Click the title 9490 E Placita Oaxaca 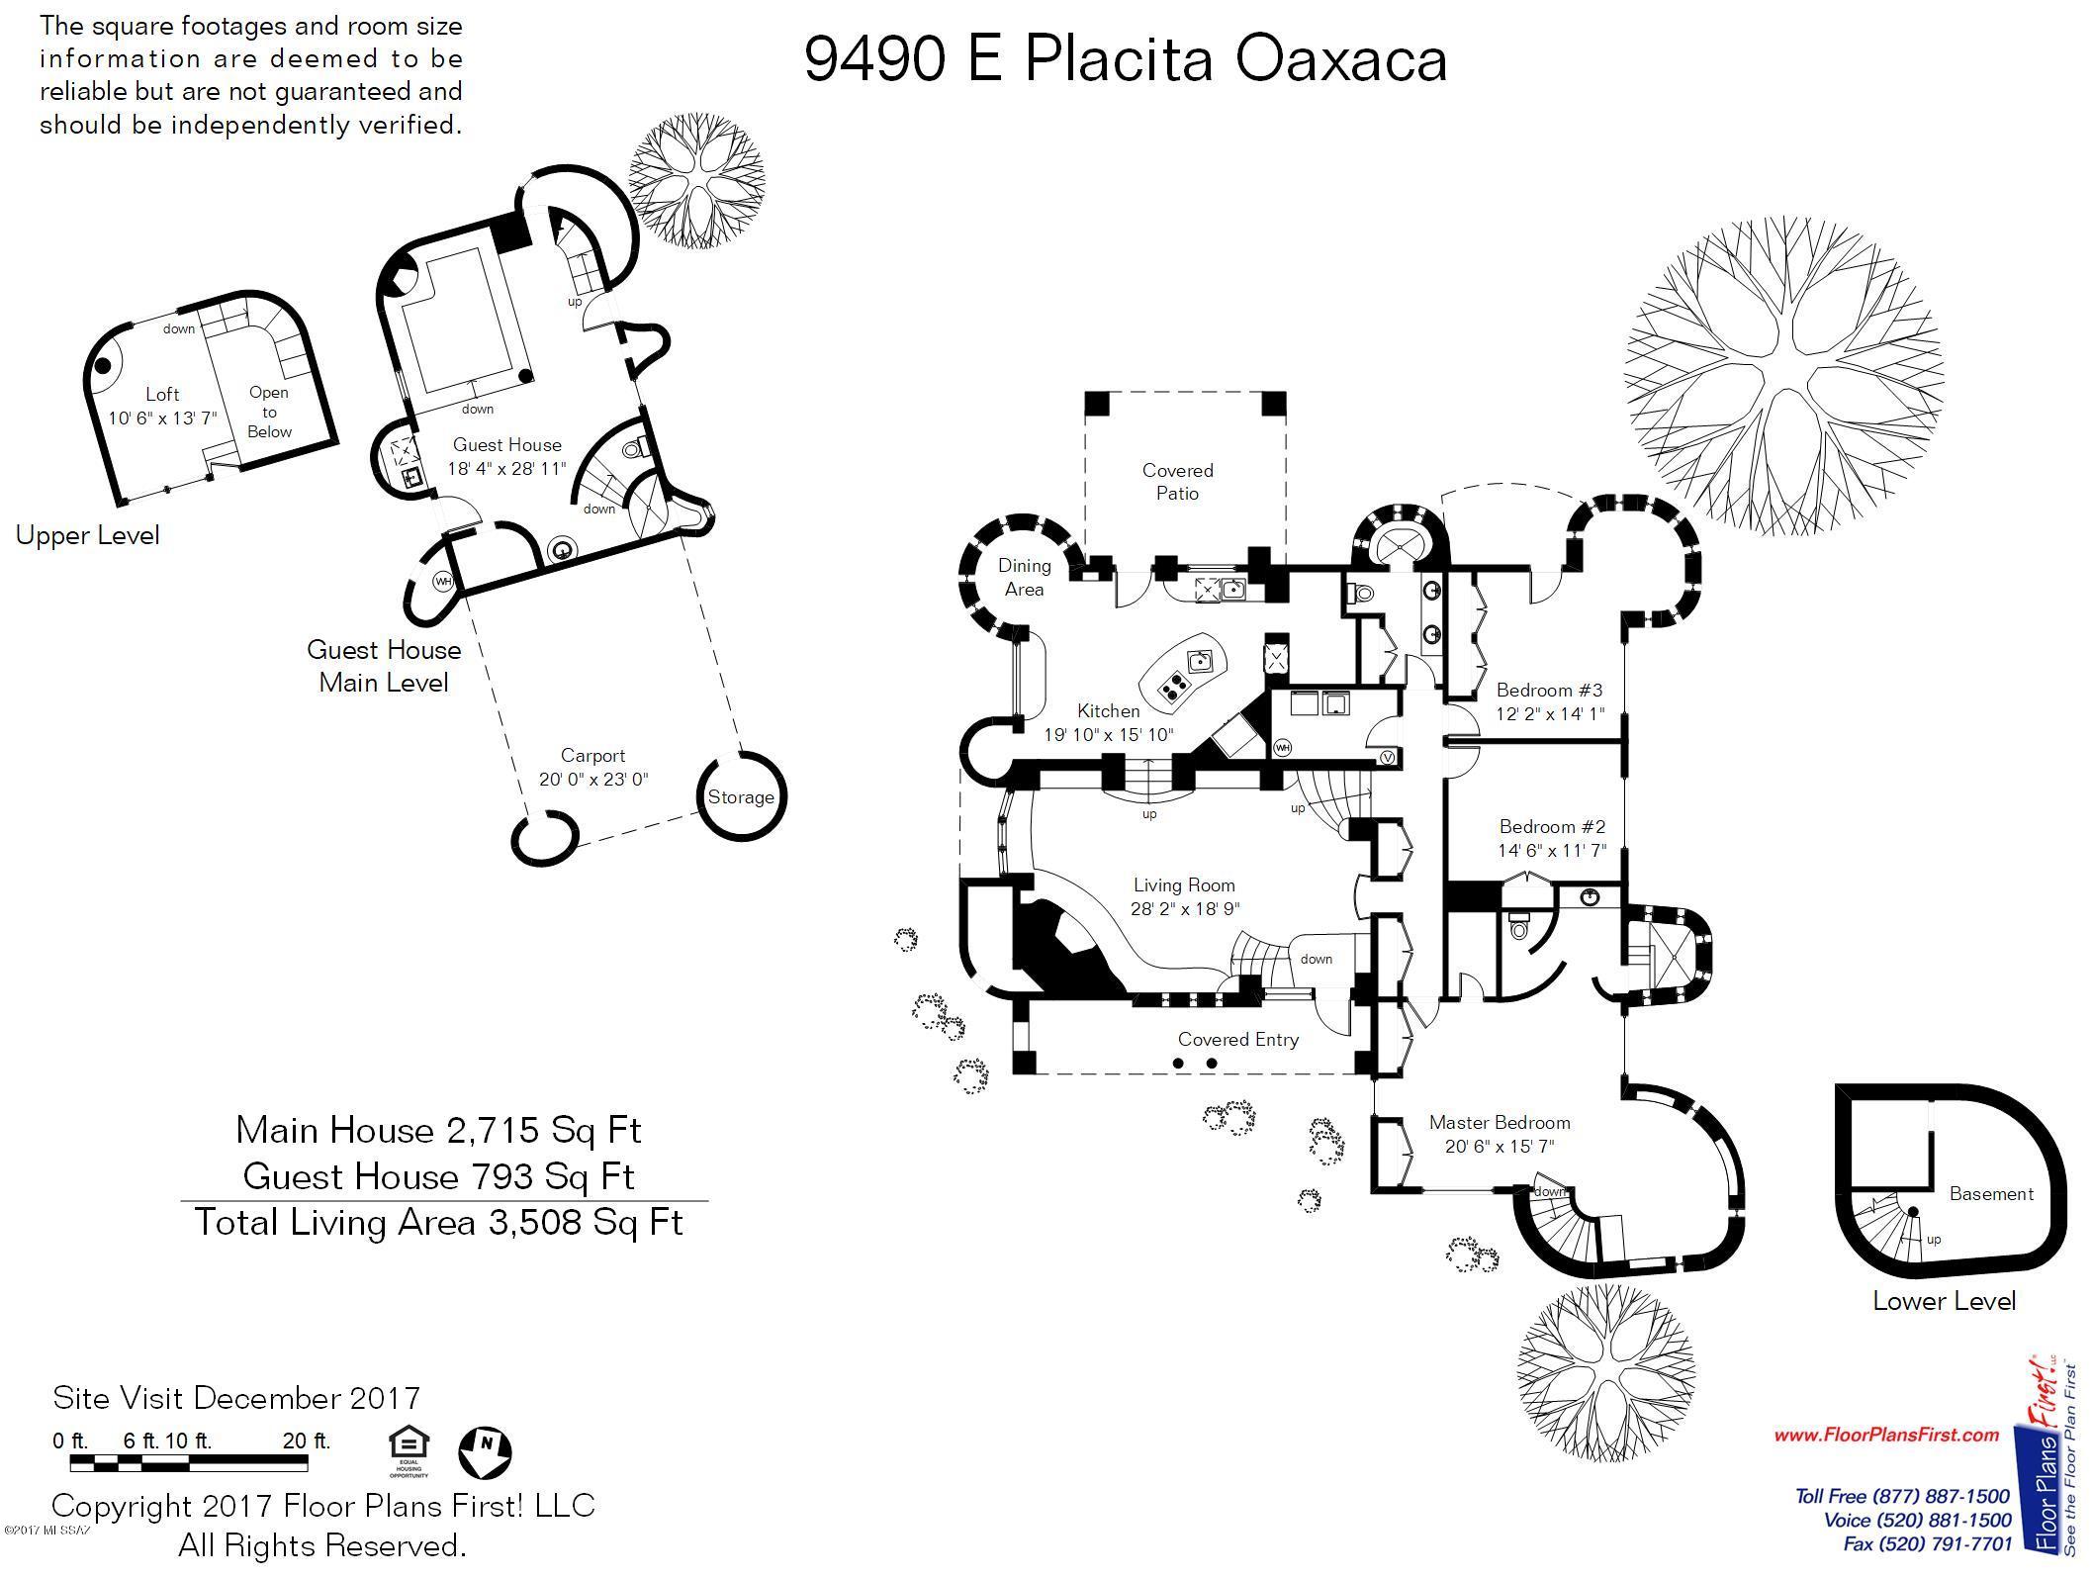[1126, 59]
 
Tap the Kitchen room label [1108, 710]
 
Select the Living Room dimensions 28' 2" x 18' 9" [1185, 909]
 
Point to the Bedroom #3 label [1549, 690]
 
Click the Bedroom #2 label [1552, 826]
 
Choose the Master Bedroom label [1500, 1122]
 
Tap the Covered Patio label [1177, 482]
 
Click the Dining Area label [1024, 577]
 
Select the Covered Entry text [1237, 1039]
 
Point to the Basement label [1991, 1193]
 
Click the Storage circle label [740, 796]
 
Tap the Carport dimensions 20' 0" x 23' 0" [593, 779]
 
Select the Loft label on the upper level [162, 394]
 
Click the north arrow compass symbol [485, 1451]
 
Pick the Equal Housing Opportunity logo [409, 1450]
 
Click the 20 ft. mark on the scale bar [306, 1441]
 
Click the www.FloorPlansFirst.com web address [1886, 1435]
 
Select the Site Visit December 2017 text [236, 1398]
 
